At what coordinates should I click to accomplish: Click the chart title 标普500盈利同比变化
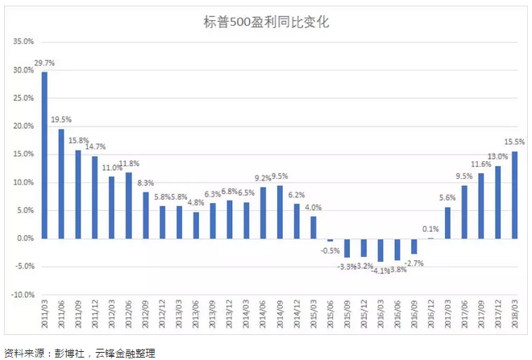tap(266, 23)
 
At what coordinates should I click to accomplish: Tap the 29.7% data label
tap(44, 63)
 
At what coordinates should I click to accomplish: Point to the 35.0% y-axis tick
tap(22, 42)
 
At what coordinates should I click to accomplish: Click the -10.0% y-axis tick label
tap(20, 295)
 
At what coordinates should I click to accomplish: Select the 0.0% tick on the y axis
tap(23, 238)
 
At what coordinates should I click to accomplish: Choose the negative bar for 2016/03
tap(380, 250)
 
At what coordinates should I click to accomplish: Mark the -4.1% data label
tap(379, 271)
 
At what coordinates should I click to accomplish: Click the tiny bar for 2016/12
tap(431, 238)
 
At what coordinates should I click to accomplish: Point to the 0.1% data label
tap(430, 229)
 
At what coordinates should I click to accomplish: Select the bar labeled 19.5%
tap(60, 184)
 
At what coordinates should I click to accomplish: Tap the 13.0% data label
tap(498, 156)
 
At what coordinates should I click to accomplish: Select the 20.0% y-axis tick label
tap(22, 126)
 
